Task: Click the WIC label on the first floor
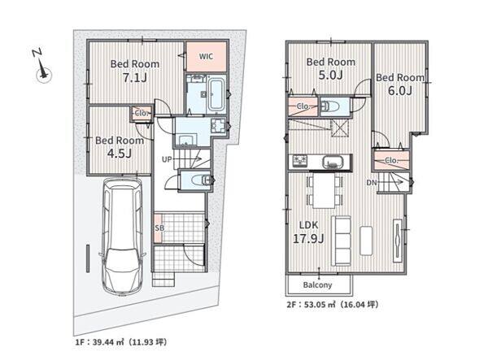pos(206,57)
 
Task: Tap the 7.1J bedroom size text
pos(135,78)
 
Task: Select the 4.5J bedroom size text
pos(120,154)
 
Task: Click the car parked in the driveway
pos(122,236)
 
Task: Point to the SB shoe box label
pos(159,228)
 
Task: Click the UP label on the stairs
pos(167,159)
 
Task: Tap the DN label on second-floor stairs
pos(372,183)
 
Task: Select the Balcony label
pos(317,284)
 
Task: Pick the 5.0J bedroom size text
pos(330,75)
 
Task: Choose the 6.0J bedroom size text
pos(400,91)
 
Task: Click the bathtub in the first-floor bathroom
pos(216,94)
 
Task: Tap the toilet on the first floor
pos(203,180)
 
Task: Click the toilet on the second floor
pos(326,106)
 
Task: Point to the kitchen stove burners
pos(299,161)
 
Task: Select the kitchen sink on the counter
pos(332,162)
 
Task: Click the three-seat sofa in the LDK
pos(341,241)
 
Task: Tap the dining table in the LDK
pos(325,190)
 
